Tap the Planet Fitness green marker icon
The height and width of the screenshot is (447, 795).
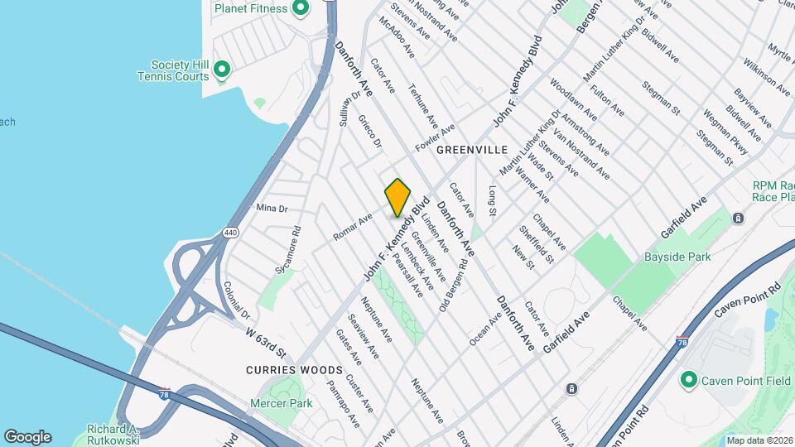point(301,9)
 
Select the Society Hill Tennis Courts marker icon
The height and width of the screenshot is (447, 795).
point(221,69)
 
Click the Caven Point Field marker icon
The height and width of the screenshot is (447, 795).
point(687,381)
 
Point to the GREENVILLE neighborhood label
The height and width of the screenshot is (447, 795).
point(471,150)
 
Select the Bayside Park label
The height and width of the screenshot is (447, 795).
point(677,257)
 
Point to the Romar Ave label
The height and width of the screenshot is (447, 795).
point(353,228)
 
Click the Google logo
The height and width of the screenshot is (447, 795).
point(27,436)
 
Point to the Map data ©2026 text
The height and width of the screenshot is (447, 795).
point(759,440)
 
